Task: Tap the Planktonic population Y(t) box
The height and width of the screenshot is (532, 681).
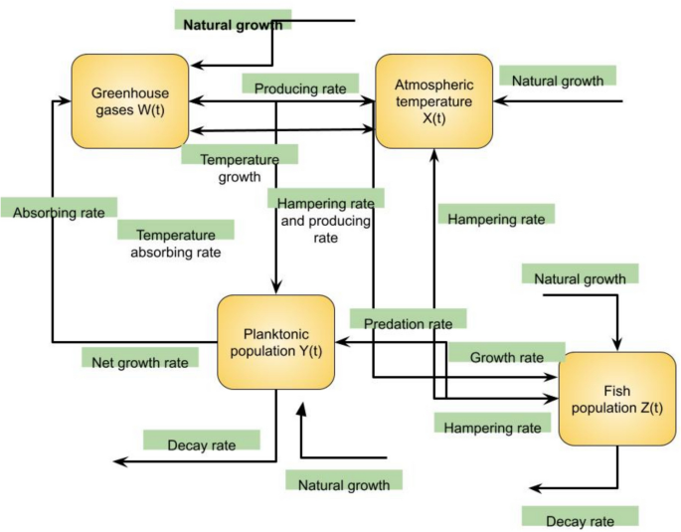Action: coord(275,341)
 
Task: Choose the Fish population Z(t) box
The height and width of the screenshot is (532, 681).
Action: coord(619,398)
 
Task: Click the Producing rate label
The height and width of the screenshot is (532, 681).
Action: coord(299,88)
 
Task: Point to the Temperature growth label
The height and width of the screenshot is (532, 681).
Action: coord(239,166)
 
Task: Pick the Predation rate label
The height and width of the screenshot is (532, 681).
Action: coord(408,321)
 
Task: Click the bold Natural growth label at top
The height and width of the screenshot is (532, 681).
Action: coord(232,21)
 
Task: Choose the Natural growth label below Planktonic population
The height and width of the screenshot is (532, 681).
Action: coord(344,481)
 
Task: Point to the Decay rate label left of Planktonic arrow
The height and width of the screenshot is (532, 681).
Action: coord(202,442)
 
